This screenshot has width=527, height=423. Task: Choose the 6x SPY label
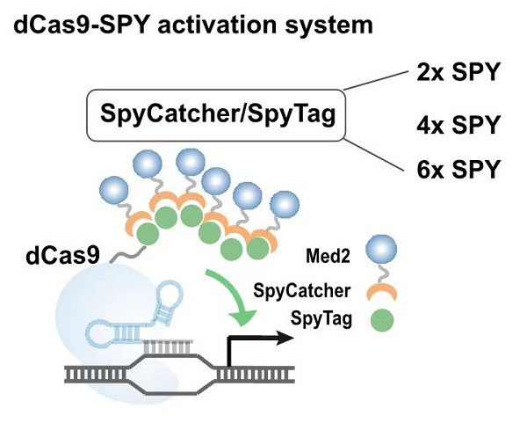(x=458, y=168)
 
